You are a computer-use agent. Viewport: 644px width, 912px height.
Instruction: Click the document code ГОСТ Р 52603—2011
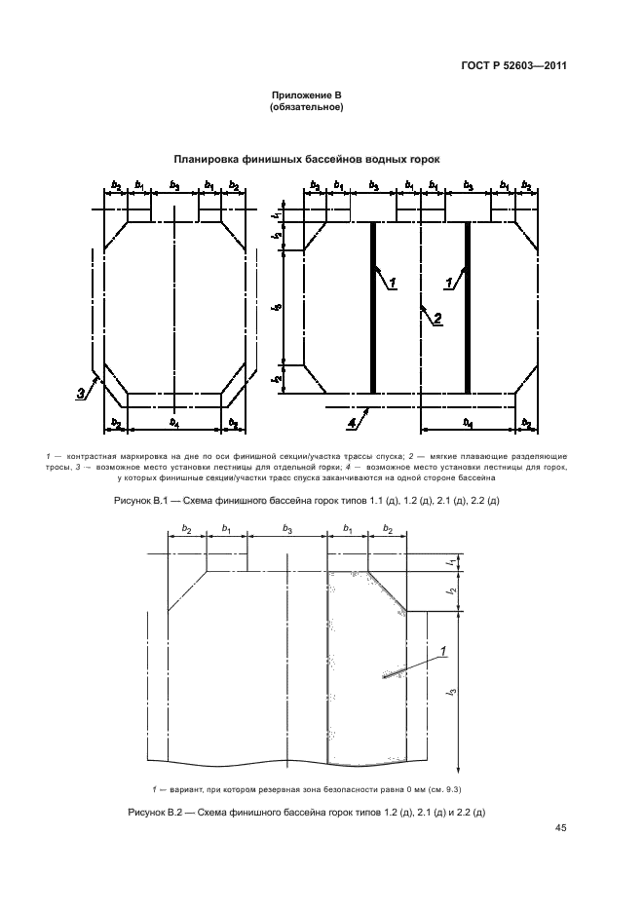(x=513, y=65)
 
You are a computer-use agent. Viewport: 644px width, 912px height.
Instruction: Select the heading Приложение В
(x=307, y=95)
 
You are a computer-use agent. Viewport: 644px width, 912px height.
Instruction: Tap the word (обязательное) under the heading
(x=307, y=107)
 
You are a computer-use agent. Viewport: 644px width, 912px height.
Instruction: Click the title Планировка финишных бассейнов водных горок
(x=307, y=160)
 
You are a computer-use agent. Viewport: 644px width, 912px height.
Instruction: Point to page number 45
(x=561, y=828)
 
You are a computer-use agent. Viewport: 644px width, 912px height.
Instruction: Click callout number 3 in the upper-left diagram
(x=80, y=394)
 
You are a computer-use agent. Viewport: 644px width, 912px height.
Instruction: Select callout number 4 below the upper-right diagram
(x=352, y=424)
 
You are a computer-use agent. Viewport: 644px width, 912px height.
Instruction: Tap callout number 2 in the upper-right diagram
(x=437, y=318)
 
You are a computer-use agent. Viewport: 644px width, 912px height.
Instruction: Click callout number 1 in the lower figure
(x=443, y=652)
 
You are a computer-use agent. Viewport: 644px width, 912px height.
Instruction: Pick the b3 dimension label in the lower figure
(x=287, y=528)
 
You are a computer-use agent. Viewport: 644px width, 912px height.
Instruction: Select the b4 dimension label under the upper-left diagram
(x=174, y=423)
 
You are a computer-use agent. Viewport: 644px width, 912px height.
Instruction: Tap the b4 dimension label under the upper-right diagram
(x=468, y=423)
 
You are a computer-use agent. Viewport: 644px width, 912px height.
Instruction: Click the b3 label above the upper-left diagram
(x=174, y=185)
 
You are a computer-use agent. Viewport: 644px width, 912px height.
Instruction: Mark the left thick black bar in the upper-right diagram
(x=373, y=308)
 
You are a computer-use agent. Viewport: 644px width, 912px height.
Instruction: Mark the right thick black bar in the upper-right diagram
(x=467, y=308)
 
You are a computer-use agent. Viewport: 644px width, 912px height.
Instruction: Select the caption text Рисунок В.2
(x=155, y=813)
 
